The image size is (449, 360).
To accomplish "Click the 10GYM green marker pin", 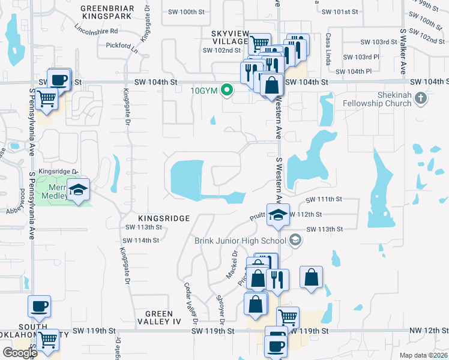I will pyautogui.click(x=226, y=91).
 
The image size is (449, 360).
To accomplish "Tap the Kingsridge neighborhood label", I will pyautogui.click(x=155, y=218).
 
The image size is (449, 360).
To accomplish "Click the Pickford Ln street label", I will pyautogui.click(x=118, y=46).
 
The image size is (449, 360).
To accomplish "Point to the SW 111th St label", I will pyautogui.click(x=324, y=199).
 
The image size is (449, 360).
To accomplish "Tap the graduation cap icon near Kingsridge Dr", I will pyautogui.click(x=78, y=190).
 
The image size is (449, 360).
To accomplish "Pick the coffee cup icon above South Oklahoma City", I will pyautogui.click(x=40, y=306).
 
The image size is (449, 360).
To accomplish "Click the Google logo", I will pyautogui.click(x=20, y=353).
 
